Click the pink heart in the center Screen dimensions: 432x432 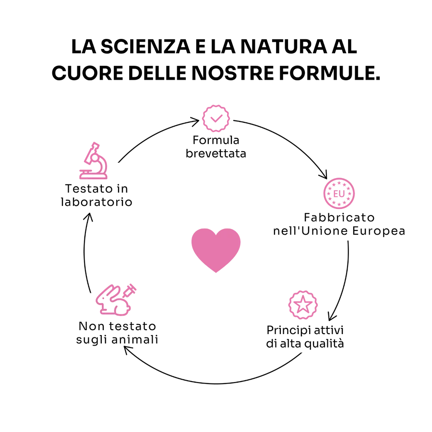(216, 249)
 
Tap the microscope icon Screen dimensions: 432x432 (94, 161)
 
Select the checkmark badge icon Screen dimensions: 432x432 (216, 119)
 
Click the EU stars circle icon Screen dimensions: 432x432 (339, 193)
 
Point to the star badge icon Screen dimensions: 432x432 (303, 305)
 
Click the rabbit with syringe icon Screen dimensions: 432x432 (116, 300)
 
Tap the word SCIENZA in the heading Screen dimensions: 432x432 (145, 46)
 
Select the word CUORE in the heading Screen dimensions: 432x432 (87, 73)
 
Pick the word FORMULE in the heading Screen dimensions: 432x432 (330, 73)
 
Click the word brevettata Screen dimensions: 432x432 (216, 154)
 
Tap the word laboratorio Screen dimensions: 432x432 (96, 202)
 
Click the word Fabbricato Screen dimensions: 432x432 (339, 217)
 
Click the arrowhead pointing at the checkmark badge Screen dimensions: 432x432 (195, 121)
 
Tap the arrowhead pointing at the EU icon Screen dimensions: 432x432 (324, 175)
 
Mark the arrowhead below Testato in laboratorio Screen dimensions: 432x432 (88, 216)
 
